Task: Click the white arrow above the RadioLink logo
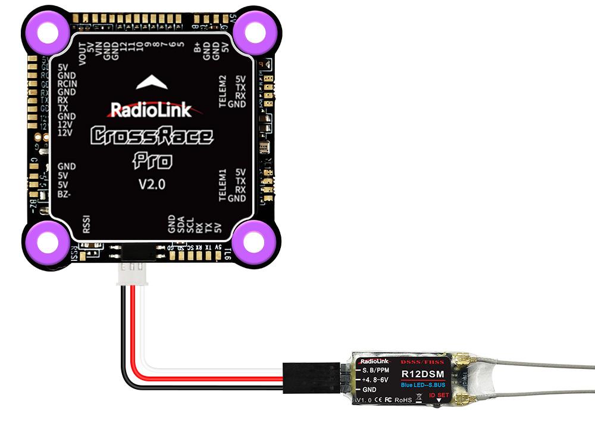(152, 83)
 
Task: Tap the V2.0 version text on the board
(152, 184)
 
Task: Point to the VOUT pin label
(82, 56)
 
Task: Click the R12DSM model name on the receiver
(420, 374)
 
